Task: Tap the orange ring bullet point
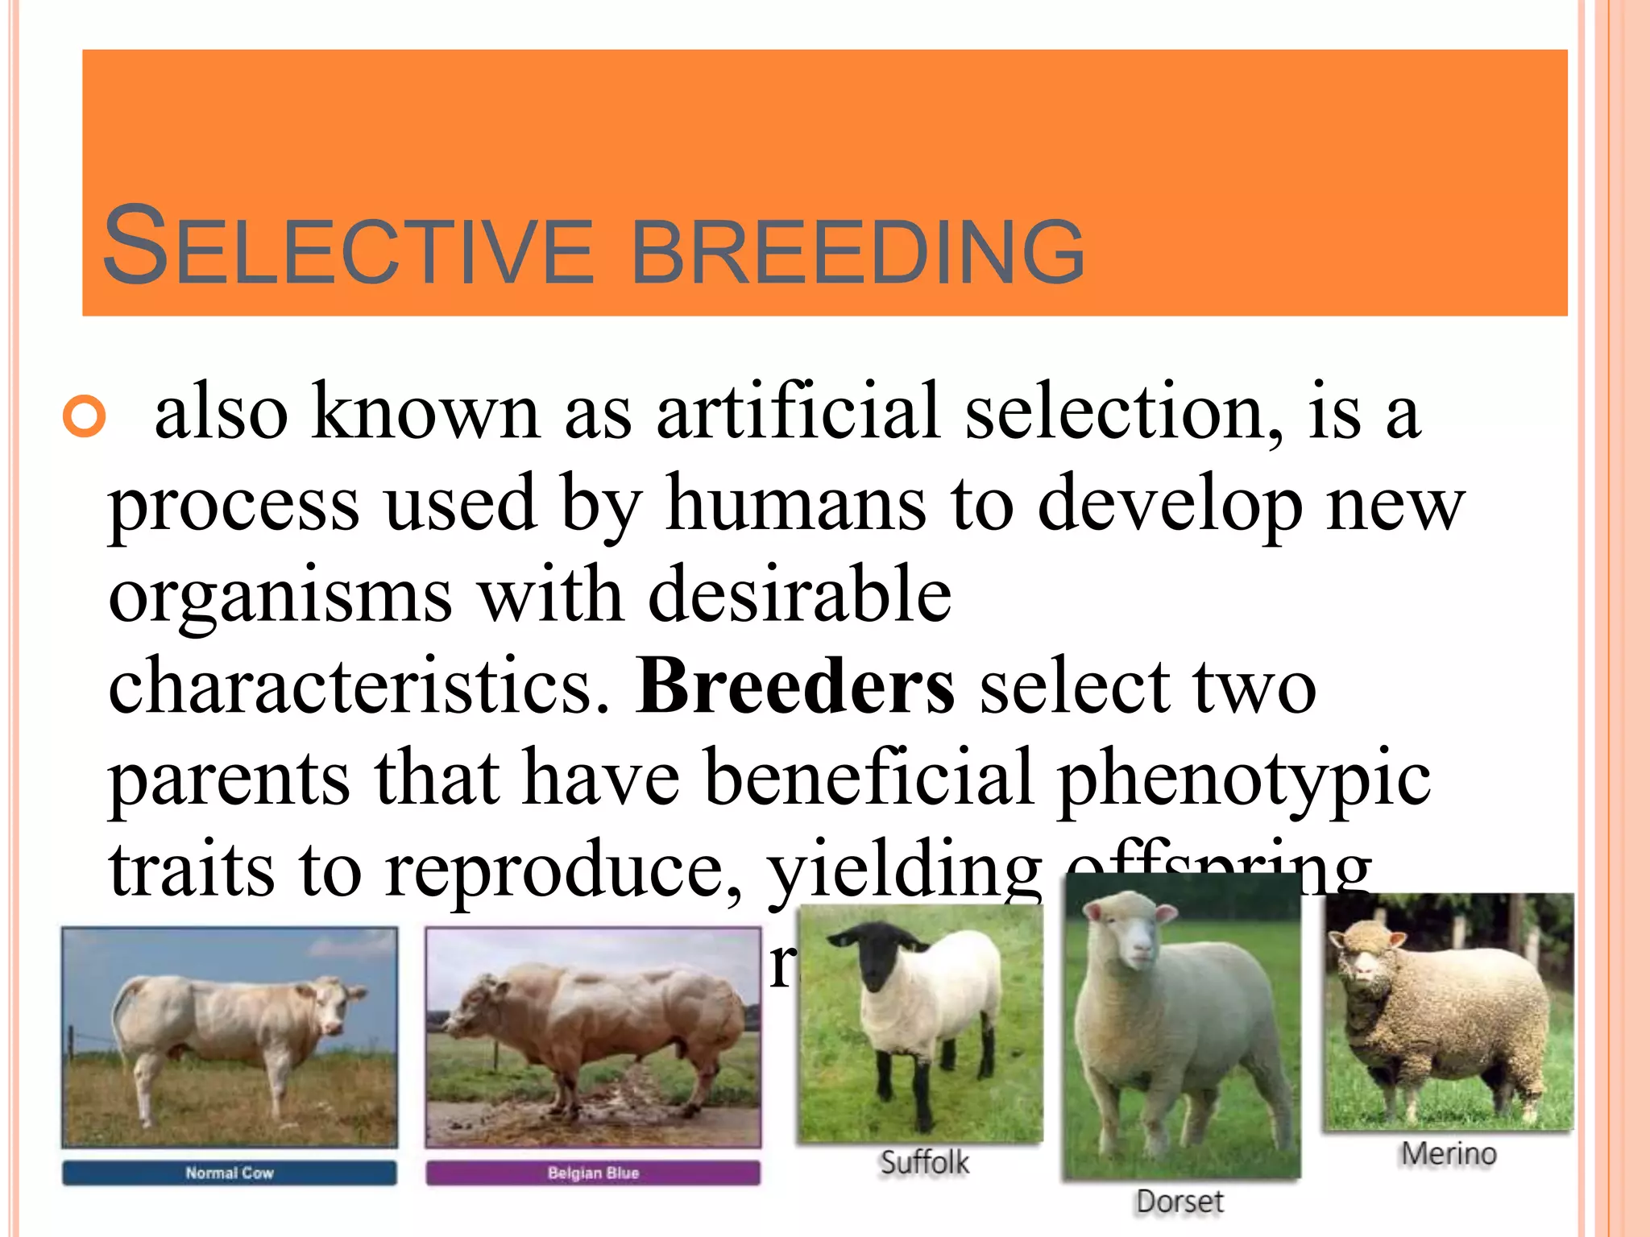85,416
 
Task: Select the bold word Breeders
795,687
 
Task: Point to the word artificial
798,412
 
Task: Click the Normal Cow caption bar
230,1173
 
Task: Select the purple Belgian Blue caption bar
593,1173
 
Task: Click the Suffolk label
924,1162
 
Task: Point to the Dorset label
1179,1202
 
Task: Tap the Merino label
1448,1153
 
